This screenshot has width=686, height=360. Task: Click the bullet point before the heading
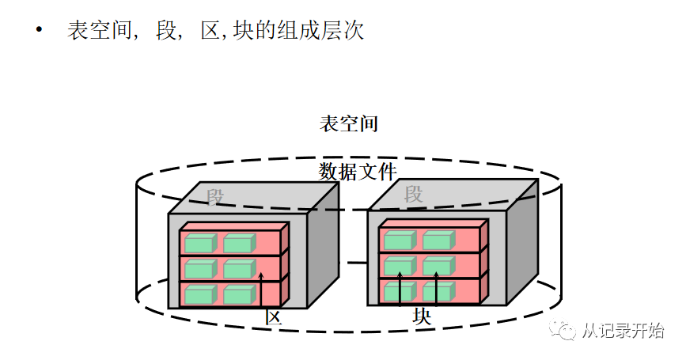38,31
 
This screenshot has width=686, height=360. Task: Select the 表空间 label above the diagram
348,124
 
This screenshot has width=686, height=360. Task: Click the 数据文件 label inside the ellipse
357,171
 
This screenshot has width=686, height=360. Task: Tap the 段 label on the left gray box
216,196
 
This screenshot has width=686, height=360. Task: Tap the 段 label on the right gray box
413,194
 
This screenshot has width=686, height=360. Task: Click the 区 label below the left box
274,317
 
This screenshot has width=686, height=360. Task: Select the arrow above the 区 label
261,289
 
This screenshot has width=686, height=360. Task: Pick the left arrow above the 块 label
400,288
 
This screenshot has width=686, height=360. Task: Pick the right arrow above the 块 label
437,288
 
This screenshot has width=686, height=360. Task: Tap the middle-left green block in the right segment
399,266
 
